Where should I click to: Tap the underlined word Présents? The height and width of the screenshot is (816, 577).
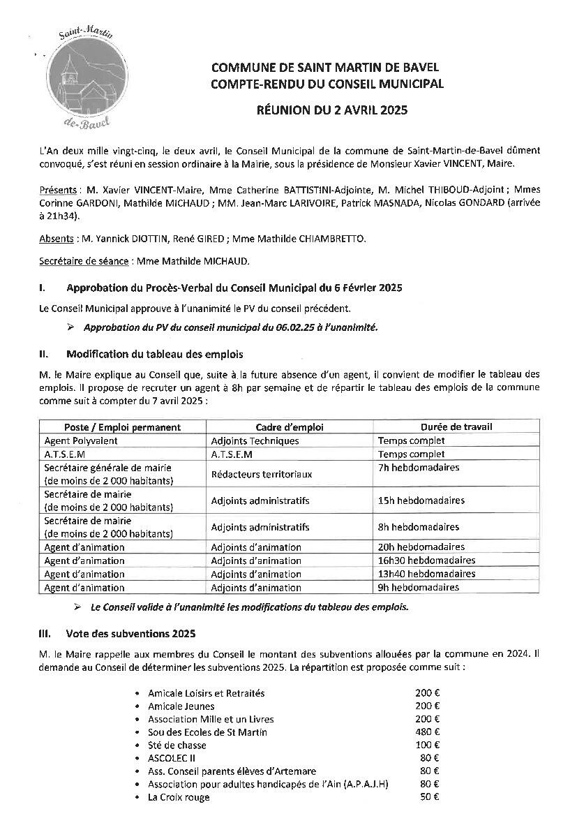[57, 190]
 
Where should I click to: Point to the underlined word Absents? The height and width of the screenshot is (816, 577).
[56, 239]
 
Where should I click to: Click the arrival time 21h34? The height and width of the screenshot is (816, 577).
[59, 216]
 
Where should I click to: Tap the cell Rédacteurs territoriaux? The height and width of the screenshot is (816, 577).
[262, 474]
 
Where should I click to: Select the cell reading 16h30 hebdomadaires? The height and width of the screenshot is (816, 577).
[426, 561]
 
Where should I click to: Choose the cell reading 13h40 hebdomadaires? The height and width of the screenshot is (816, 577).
[426, 574]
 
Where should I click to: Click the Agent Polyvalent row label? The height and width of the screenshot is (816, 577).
[81, 440]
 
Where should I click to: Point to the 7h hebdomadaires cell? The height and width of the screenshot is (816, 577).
[419, 468]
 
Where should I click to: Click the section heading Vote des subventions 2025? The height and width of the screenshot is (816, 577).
[130, 634]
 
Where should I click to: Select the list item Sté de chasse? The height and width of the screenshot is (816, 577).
[177, 745]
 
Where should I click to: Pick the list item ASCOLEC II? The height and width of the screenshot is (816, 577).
[172, 758]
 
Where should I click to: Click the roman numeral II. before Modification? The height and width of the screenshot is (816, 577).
[44, 355]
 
